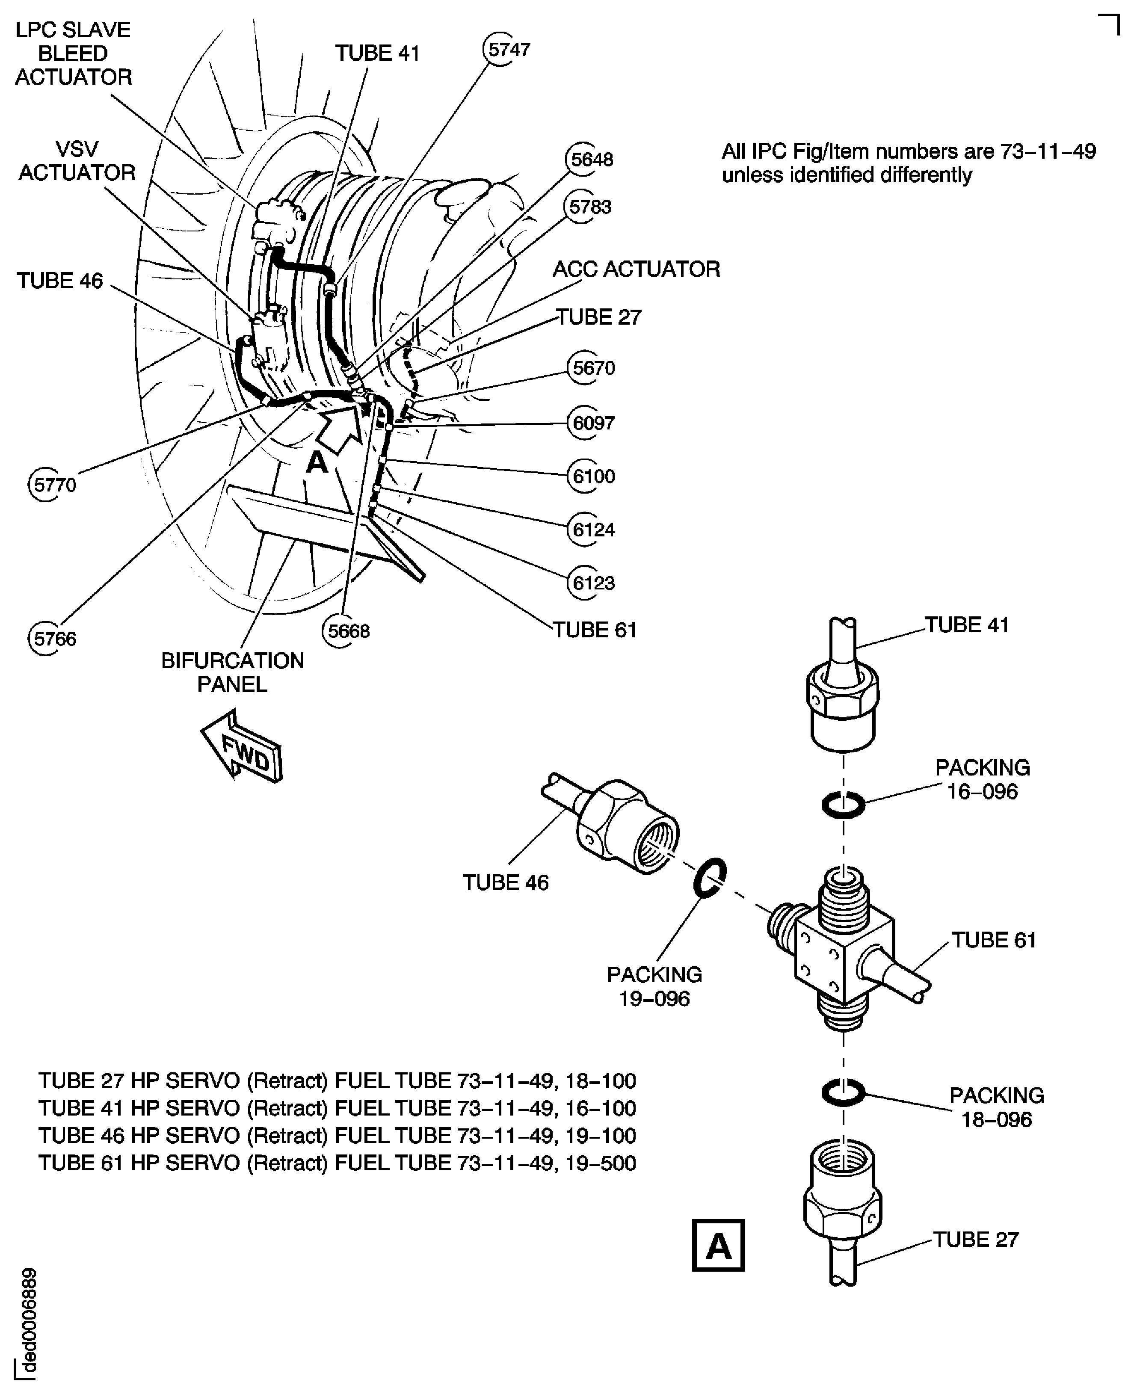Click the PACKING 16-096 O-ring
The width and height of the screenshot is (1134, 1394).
click(x=843, y=805)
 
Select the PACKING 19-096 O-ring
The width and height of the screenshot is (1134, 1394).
click(x=709, y=879)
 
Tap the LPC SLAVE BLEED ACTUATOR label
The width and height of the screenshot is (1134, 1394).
click(x=73, y=53)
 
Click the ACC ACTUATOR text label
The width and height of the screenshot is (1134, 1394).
click(x=636, y=269)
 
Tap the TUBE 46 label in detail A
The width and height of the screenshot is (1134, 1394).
click(x=506, y=882)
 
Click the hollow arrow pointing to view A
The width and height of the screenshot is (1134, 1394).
click(x=340, y=427)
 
